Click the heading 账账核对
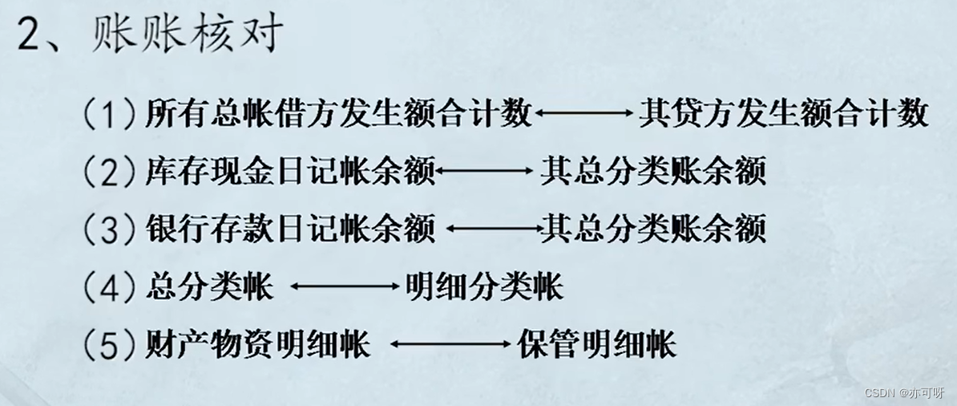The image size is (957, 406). click(189, 36)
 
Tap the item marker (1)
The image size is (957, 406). click(109, 115)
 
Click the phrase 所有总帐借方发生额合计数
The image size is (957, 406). click(338, 114)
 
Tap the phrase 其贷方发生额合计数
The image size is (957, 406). click(783, 114)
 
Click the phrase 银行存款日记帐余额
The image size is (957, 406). click(290, 229)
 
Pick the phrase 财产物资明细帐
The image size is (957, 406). click(258, 345)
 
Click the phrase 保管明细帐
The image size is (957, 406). click(596, 345)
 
